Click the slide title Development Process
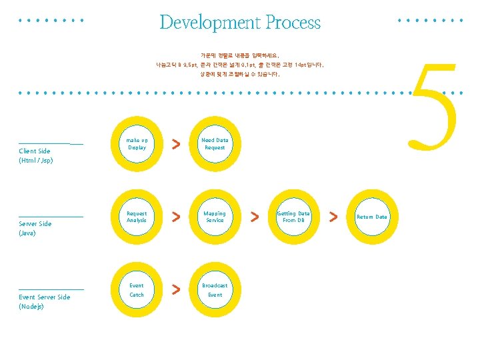(x=240, y=23)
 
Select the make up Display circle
(x=137, y=144)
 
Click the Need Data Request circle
(x=215, y=144)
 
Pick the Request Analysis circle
(x=137, y=217)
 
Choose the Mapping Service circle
(x=215, y=217)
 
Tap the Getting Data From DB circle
(x=293, y=217)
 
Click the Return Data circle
(x=371, y=217)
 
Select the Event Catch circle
(x=137, y=290)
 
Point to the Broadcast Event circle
(x=215, y=290)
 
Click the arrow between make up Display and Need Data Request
(x=175, y=144)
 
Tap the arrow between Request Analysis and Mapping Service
(x=175, y=216)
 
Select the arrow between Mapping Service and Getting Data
(x=254, y=216)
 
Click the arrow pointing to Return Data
(x=333, y=216)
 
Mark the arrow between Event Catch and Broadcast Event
(x=175, y=289)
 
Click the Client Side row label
(x=35, y=151)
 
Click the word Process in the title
(x=293, y=23)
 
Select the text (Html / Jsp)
(x=36, y=161)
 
